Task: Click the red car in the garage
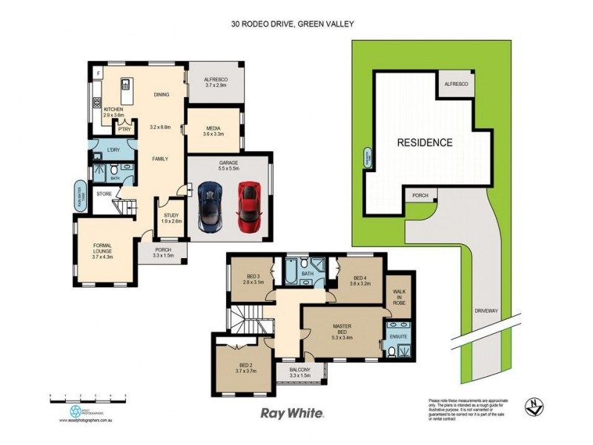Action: (248, 205)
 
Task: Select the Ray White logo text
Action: (292, 412)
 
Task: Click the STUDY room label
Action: (172, 217)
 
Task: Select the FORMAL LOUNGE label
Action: (102, 248)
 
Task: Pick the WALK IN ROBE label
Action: (399, 297)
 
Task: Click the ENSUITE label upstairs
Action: (399, 337)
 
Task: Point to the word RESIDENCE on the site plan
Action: (424, 142)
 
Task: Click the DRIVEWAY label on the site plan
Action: (486, 311)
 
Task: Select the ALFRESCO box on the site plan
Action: (455, 85)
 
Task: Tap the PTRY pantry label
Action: (124, 129)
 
